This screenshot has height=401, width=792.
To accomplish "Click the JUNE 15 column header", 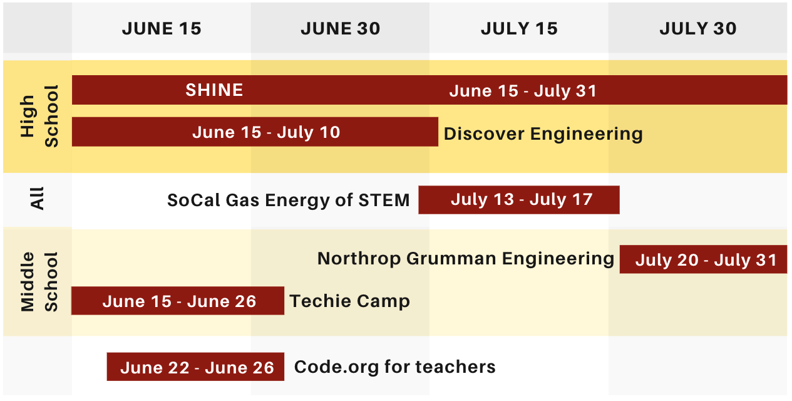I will coord(162,29).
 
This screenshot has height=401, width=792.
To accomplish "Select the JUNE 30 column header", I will coord(340,29).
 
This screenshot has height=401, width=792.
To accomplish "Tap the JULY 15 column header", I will coord(519,29).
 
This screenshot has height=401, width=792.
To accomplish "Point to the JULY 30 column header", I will coord(697,29).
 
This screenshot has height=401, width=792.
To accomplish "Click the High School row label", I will coord(39,116).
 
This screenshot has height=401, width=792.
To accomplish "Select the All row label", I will coord(38,200).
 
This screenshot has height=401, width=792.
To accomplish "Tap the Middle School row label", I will coord(39,281).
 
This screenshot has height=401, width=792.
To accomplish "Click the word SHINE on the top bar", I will coord(214,90).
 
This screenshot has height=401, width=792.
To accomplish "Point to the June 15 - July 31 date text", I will coord(523,91).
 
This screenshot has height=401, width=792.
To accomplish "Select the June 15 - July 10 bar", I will coord(255,132).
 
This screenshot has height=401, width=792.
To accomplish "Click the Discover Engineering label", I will coord(543,133).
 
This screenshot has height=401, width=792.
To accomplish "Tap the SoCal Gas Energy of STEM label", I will coord(288,200).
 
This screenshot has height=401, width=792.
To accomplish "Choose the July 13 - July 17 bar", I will coord(519,200).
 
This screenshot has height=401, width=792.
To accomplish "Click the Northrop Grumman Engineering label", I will coord(466,259).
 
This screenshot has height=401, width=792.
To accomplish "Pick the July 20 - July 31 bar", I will coord(703,259).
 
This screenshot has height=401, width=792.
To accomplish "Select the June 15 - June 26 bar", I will coord(178,301).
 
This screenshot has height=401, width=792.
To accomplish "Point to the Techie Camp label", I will coord(349,301).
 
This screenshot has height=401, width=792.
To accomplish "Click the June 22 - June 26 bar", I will coord(195,367).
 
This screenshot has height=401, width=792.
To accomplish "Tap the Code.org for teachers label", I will coord(394,367).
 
